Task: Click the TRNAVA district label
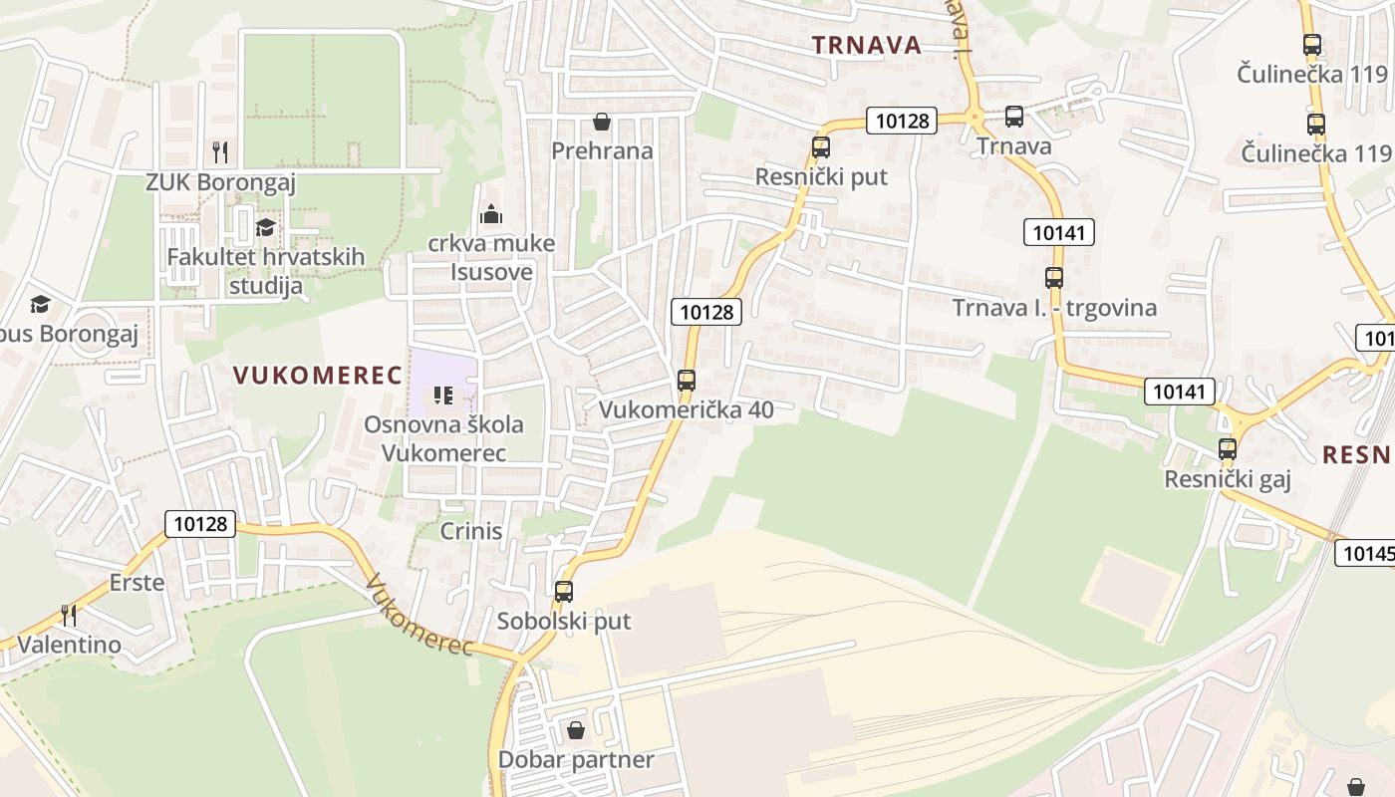866,45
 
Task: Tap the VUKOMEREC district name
318,376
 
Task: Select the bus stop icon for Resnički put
820,147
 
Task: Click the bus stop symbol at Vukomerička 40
686,380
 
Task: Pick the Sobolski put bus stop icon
564,592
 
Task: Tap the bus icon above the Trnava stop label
1014,117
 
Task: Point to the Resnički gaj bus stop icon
1228,449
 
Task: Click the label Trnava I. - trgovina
1054,308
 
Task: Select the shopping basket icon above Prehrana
602,123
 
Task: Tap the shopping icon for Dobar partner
576,731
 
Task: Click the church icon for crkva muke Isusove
491,214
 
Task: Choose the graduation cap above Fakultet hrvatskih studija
265,228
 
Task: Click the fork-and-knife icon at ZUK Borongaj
220,152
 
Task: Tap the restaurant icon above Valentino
69,615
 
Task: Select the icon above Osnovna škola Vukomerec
443,397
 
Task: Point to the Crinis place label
471,531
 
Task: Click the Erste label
137,583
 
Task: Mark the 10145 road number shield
1367,553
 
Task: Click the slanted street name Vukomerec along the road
418,616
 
